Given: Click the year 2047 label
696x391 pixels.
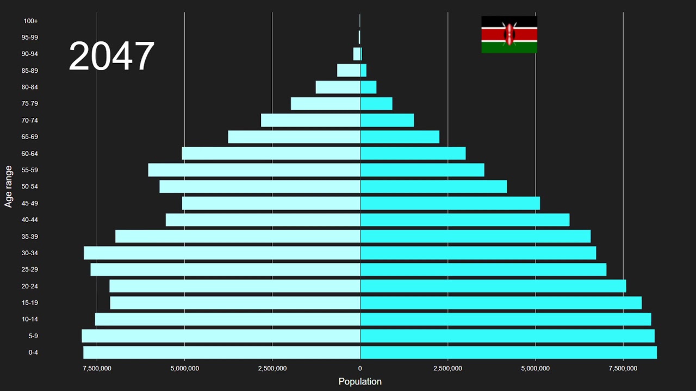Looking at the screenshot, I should click(x=111, y=56).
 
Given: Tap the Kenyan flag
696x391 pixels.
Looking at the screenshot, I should click(x=509, y=34).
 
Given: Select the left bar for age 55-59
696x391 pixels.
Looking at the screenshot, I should click(x=254, y=170).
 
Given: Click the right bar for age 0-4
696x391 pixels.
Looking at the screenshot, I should click(x=508, y=352).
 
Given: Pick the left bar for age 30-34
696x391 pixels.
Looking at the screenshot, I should click(x=222, y=253).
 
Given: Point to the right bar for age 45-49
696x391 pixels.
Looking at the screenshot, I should click(x=450, y=203).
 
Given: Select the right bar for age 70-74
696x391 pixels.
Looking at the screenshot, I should click(x=387, y=120).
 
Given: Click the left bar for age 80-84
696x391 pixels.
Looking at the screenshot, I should click(x=338, y=87).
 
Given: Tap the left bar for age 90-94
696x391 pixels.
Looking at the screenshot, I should click(x=356, y=54).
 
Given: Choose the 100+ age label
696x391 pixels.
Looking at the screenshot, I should click(x=30, y=21).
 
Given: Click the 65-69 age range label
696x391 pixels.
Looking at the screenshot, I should click(x=29, y=137).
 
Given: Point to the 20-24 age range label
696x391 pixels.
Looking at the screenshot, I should click(x=29, y=286).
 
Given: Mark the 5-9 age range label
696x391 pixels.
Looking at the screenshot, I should click(x=33, y=336).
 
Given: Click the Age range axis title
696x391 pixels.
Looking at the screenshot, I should click(x=9, y=186).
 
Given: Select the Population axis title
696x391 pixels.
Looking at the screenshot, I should click(x=360, y=381).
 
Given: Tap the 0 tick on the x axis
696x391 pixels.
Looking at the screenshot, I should click(x=360, y=369).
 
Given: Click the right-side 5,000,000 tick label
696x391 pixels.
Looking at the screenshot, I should click(x=536, y=369).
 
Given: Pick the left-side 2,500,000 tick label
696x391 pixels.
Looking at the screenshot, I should click(x=272, y=369).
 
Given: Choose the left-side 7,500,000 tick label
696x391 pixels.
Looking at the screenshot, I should click(x=97, y=369).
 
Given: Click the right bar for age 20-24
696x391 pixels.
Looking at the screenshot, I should click(x=493, y=286).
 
